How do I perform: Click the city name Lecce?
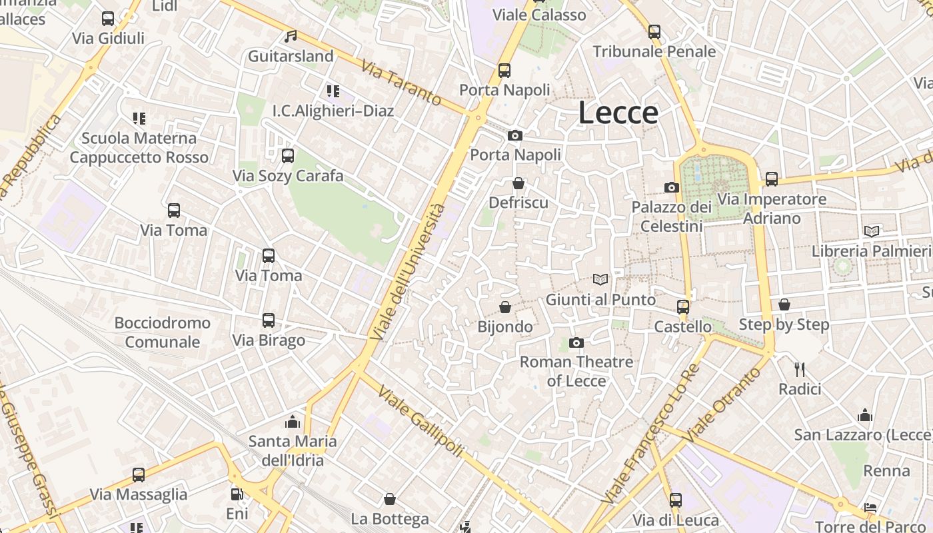click(618, 113)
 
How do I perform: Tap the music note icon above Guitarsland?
click(291, 37)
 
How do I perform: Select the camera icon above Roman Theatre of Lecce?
click(576, 342)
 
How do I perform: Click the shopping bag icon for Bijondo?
click(505, 307)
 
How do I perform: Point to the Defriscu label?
click(518, 202)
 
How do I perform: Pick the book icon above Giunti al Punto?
click(600, 280)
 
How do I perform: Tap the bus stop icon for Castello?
click(683, 307)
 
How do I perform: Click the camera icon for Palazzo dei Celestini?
click(672, 188)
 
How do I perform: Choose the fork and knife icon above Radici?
click(800, 369)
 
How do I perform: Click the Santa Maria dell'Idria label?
click(293, 450)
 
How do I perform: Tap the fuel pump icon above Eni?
click(237, 494)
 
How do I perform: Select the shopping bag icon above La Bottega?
click(390, 499)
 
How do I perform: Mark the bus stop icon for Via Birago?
click(269, 320)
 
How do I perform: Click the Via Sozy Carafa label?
click(288, 176)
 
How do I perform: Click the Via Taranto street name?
click(402, 83)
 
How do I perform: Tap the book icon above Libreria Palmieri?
click(872, 231)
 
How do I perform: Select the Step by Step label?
click(784, 324)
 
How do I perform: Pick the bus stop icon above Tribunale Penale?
click(654, 32)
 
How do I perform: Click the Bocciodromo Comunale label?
click(163, 332)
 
